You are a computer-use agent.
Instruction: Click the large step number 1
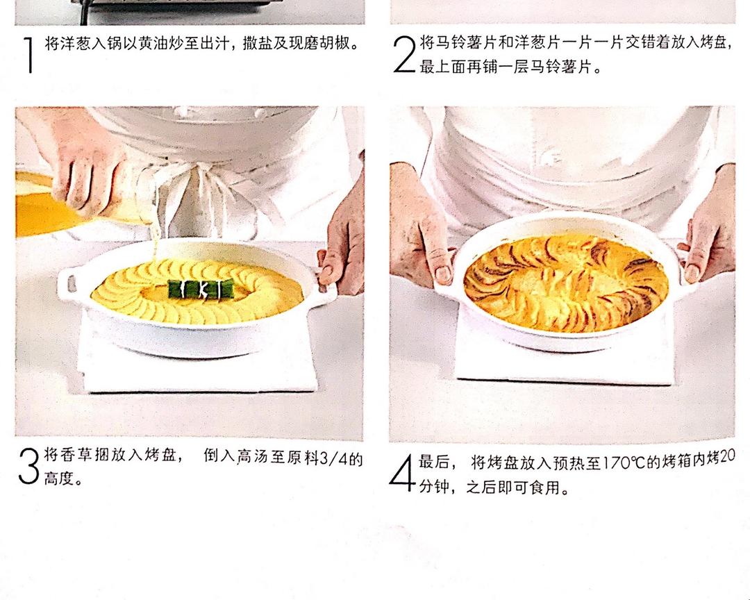tap(30, 55)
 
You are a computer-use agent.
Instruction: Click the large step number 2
tap(404, 54)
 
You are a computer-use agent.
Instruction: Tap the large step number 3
tap(28, 465)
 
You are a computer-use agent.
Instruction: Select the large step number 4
tap(401, 473)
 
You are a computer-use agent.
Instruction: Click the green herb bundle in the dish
tap(201, 288)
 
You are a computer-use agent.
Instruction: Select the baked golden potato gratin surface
tap(566, 283)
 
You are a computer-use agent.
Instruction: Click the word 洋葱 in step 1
tap(69, 44)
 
